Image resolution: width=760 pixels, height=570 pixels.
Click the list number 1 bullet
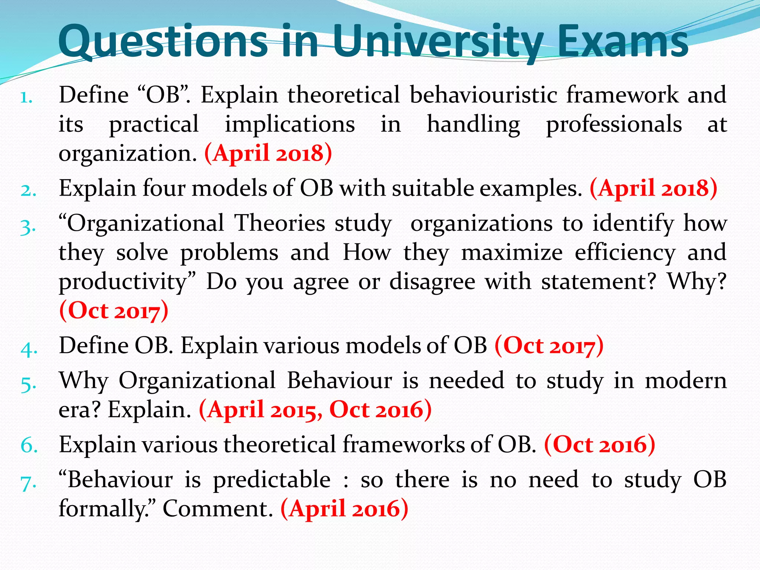pos(27,97)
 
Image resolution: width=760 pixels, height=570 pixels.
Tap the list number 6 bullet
pos(29,445)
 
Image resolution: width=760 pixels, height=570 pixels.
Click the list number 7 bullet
pos(28,482)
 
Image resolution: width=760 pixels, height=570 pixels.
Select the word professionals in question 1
pos(614,124)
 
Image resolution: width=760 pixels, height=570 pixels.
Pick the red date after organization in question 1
pos(268,153)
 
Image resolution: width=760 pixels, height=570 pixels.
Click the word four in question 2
pos(164,188)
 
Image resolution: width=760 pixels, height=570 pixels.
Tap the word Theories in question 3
pos(280,223)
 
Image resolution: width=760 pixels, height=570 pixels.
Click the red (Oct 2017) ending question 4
pos(549,345)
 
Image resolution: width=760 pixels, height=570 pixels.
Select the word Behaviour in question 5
pos(339,381)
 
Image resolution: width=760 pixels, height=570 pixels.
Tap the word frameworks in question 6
pos(403,444)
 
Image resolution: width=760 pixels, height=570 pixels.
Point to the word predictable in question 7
pos(272,479)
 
